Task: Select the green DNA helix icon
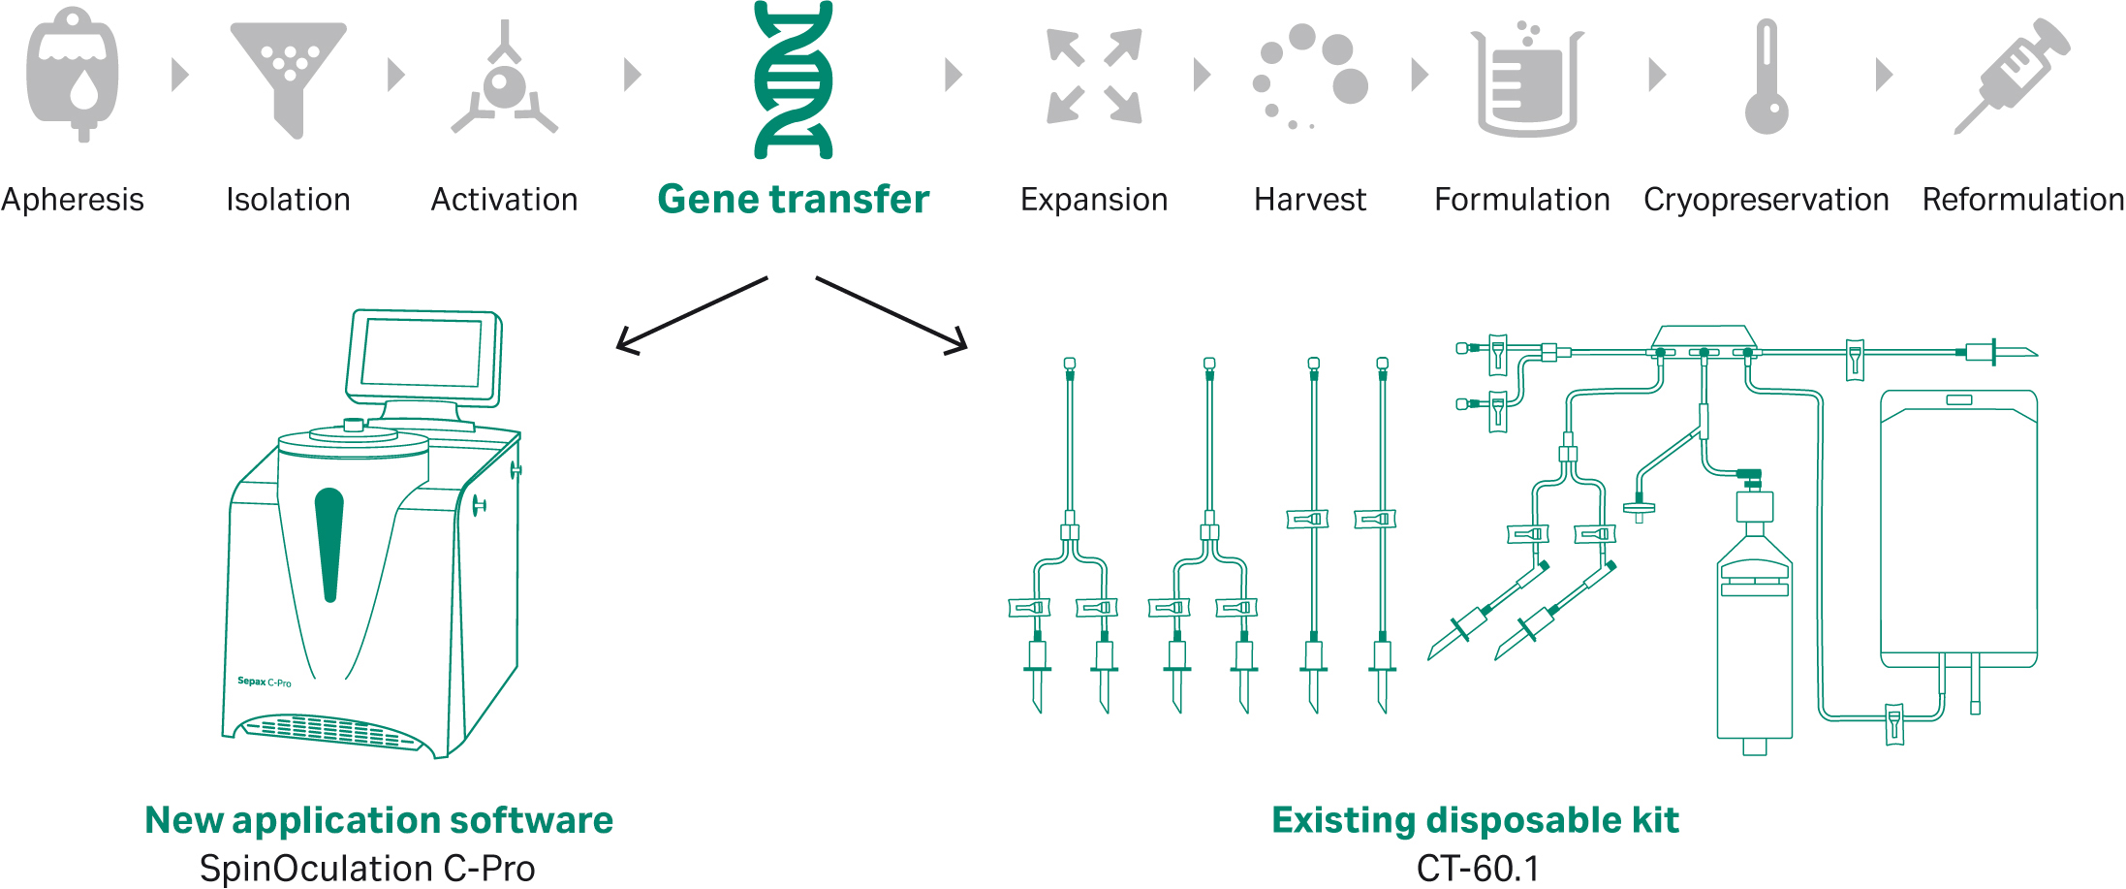(793, 79)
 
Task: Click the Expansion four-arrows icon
(1094, 77)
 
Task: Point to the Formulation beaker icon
(1526, 82)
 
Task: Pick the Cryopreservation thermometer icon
(1766, 78)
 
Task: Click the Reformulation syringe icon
(2012, 76)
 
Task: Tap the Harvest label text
(1309, 200)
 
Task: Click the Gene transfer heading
(793, 199)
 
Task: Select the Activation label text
(504, 200)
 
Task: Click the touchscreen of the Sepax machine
(422, 353)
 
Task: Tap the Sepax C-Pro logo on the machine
(264, 682)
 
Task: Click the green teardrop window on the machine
(329, 543)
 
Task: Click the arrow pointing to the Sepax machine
(689, 316)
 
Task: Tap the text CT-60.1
(1478, 868)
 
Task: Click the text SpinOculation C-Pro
(367, 868)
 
